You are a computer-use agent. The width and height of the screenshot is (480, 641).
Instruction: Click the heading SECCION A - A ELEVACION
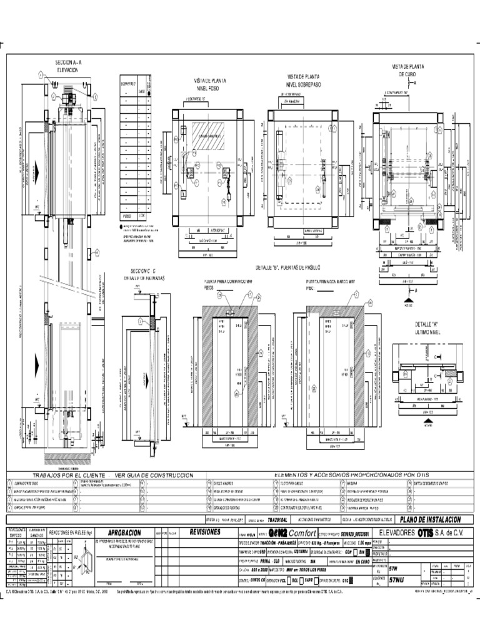tap(69, 67)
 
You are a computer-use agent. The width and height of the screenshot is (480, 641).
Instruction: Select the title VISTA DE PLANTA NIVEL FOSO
tap(210, 85)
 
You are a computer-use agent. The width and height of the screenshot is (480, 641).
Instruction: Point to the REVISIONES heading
tap(205, 531)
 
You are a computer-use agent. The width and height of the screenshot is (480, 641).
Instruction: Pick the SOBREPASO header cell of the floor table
tap(128, 83)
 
